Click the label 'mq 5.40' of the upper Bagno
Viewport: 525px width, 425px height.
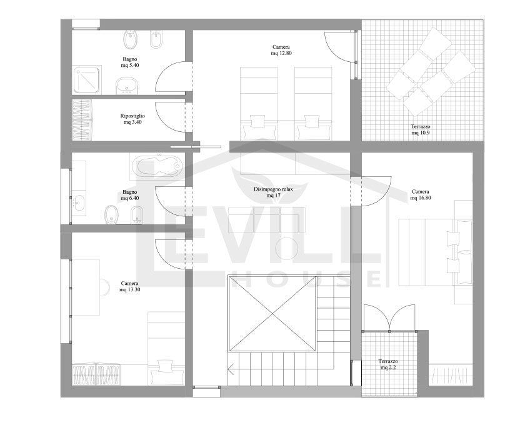click(x=129, y=65)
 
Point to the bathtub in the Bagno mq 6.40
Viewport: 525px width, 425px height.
click(x=157, y=167)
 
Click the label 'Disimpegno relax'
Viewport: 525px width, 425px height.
click(x=273, y=189)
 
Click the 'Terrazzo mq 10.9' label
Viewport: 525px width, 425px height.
click(x=420, y=129)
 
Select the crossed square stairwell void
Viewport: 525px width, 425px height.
click(x=271, y=312)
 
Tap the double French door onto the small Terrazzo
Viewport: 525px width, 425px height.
click(x=389, y=317)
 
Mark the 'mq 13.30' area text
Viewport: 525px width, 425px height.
click(x=129, y=289)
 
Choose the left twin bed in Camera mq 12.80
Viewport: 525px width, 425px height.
click(x=258, y=103)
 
